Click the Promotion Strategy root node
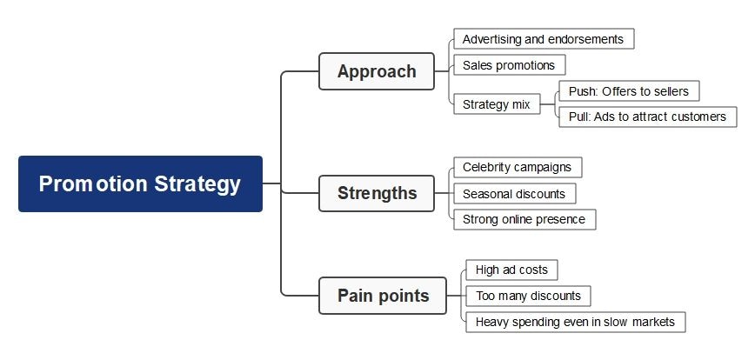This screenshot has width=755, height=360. (140, 184)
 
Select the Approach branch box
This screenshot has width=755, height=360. (376, 71)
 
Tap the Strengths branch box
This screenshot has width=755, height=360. (376, 193)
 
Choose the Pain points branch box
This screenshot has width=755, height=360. (383, 296)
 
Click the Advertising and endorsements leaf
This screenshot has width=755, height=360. (543, 39)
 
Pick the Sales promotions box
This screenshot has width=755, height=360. (509, 65)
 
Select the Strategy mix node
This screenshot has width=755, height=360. (496, 104)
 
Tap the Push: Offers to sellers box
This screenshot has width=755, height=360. (628, 91)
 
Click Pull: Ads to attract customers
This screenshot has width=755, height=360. (647, 117)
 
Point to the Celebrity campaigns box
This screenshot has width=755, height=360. (518, 167)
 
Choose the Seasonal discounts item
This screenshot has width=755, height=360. (514, 194)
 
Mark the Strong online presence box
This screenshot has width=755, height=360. (524, 219)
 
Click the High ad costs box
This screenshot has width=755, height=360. (511, 270)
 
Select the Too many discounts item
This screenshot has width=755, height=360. (528, 296)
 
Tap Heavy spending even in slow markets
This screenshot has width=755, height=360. (575, 322)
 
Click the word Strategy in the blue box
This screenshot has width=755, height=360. (197, 184)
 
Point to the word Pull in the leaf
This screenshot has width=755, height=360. (578, 117)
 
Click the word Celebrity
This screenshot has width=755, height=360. (488, 167)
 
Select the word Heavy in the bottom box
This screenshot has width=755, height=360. (491, 322)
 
